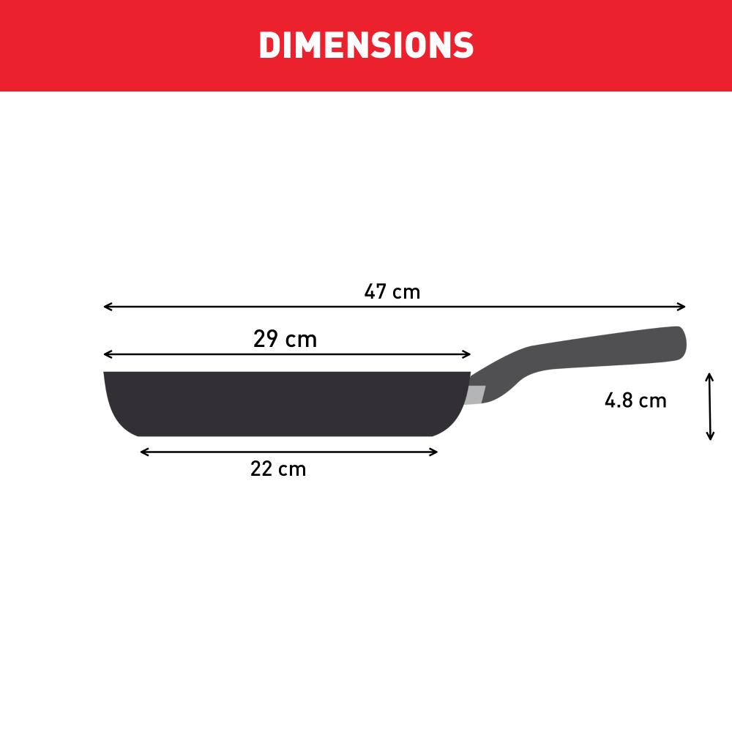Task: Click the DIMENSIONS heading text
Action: tap(366, 45)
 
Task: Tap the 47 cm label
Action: tap(392, 292)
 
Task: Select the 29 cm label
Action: tap(285, 340)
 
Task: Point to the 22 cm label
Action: tap(278, 469)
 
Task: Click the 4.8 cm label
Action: tap(635, 401)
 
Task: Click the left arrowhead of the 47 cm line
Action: tap(107, 307)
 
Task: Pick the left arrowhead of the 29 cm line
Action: tap(107, 354)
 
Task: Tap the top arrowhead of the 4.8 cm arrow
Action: tap(709, 376)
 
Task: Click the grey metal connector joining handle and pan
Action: tap(475, 395)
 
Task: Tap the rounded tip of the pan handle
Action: tap(679, 343)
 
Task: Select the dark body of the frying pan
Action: tap(285, 403)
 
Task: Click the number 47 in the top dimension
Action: tap(376, 292)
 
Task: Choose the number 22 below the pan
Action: tap(261, 469)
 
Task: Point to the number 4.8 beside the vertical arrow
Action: tap(619, 401)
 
